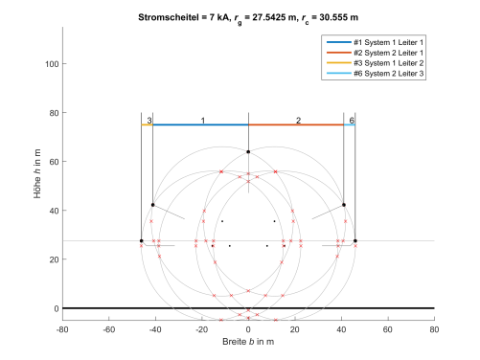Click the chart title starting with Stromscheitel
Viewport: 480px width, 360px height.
[x=248, y=17]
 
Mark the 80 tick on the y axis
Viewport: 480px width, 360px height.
[x=52, y=113]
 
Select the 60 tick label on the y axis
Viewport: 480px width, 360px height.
[x=52, y=162]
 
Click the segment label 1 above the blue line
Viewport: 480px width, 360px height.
[x=202, y=121]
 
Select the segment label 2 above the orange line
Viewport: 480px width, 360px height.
[x=298, y=121]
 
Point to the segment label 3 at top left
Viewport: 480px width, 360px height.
[x=149, y=121]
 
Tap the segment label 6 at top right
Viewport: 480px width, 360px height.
[x=351, y=121]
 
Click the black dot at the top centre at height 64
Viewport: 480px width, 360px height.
[x=248, y=152]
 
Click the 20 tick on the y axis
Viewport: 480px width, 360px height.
[x=52, y=259]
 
